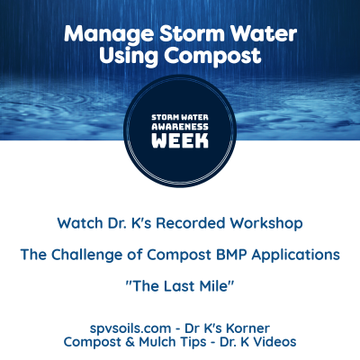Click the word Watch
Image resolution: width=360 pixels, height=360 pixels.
(x=81, y=222)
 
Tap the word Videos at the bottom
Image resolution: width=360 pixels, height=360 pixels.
(x=274, y=342)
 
